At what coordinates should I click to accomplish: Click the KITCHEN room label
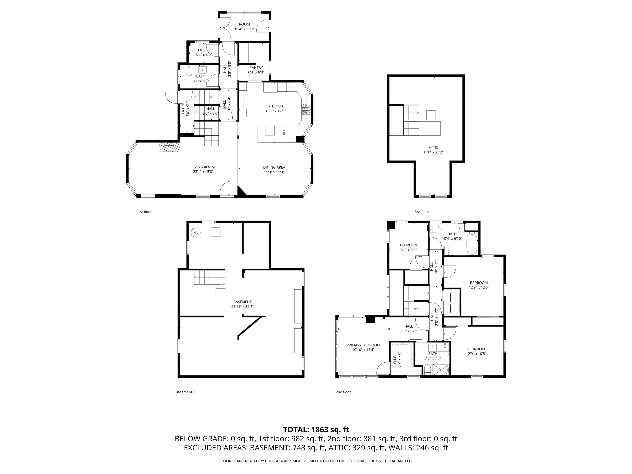tap(275, 106)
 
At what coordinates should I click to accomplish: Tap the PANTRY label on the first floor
tap(256, 68)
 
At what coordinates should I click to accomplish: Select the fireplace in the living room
tap(169, 147)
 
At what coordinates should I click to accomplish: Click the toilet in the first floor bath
tap(189, 71)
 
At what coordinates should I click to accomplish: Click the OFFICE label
tap(204, 50)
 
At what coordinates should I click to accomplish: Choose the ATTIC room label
tap(433, 148)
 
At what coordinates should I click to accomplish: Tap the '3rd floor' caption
tap(422, 212)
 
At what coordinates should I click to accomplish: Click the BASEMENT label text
tap(242, 302)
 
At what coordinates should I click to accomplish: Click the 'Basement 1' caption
tap(185, 392)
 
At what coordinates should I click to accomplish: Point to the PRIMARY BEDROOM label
tap(363, 345)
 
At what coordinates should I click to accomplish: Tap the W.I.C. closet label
tap(395, 359)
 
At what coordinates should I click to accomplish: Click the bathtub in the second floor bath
tap(472, 244)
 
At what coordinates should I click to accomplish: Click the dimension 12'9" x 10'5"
tap(476, 354)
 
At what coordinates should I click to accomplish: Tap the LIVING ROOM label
tap(203, 167)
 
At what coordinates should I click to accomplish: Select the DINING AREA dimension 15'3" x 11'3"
tap(274, 172)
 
